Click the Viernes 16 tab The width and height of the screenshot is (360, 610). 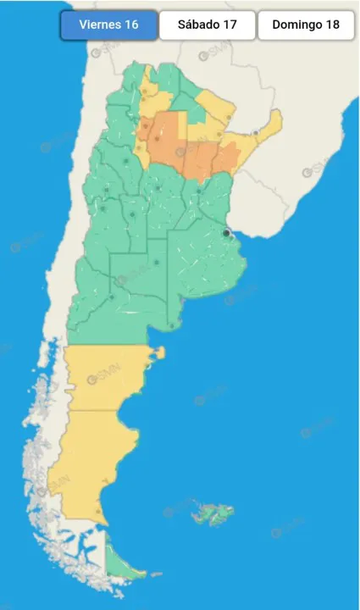[108, 25]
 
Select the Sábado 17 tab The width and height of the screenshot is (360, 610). [207, 25]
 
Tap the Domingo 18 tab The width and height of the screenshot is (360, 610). [306, 25]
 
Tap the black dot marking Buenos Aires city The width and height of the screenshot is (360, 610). [226, 233]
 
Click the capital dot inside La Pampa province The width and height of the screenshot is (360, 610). [157, 262]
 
